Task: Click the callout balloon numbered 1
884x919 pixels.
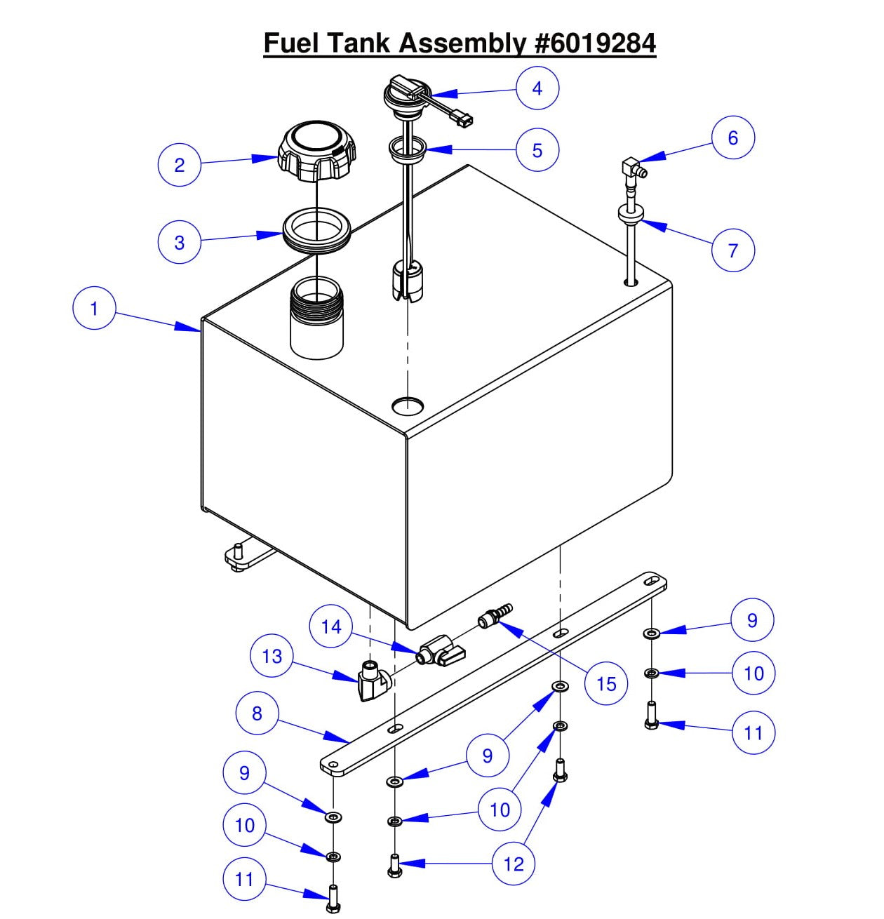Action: coord(94,309)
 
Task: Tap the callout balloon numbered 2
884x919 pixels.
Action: coord(179,165)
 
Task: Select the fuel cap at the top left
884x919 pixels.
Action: coord(317,152)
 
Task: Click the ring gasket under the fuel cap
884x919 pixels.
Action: coord(316,232)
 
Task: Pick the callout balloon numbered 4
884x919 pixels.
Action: coord(537,88)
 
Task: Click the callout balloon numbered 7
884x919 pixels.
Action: coord(733,250)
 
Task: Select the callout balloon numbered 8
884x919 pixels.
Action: coord(257,713)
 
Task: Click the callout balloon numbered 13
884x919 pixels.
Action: coord(272,656)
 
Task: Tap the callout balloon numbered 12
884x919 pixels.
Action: coord(514,864)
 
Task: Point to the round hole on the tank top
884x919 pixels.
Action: coord(408,405)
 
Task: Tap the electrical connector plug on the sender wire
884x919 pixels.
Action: coord(464,119)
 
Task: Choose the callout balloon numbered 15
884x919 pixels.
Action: coord(606,683)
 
